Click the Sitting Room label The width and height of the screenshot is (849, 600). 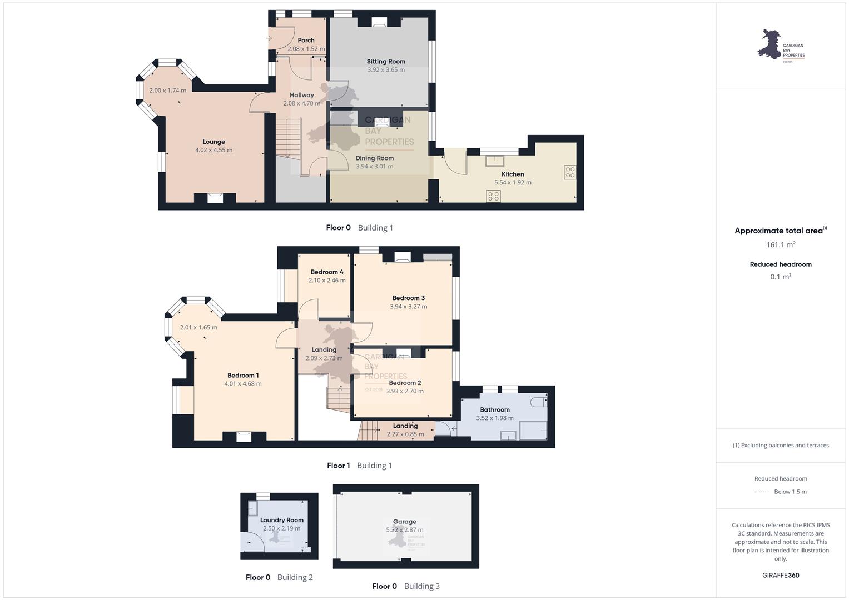pos(386,61)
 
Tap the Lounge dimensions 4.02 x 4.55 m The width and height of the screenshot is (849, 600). pos(214,150)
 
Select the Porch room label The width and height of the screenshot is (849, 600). pos(306,40)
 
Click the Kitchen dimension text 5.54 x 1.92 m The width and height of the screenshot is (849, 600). pos(513,183)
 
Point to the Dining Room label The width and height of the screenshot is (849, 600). pos(375,158)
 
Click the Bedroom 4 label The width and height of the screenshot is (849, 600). pos(327,272)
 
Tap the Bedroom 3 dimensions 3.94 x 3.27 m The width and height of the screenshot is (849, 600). pos(408,307)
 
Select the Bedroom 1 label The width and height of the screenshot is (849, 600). pos(243,376)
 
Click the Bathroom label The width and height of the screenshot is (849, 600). pos(495,410)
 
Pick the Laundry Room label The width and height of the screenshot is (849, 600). pos(282,520)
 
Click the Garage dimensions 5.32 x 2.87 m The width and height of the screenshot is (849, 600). pos(404,530)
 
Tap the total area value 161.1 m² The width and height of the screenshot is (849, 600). pos(781,244)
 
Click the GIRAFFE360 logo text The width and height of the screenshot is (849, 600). pos(781,576)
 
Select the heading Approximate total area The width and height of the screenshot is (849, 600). pos(778,231)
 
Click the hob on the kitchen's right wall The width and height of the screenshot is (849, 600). pos(570,172)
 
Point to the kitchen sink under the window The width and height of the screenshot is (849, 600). pos(495,161)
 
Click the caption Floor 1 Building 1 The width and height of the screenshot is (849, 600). pos(359,466)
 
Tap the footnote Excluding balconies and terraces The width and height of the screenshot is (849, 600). pos(781,446)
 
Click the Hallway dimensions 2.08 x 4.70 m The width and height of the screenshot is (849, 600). pos(302,103)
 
